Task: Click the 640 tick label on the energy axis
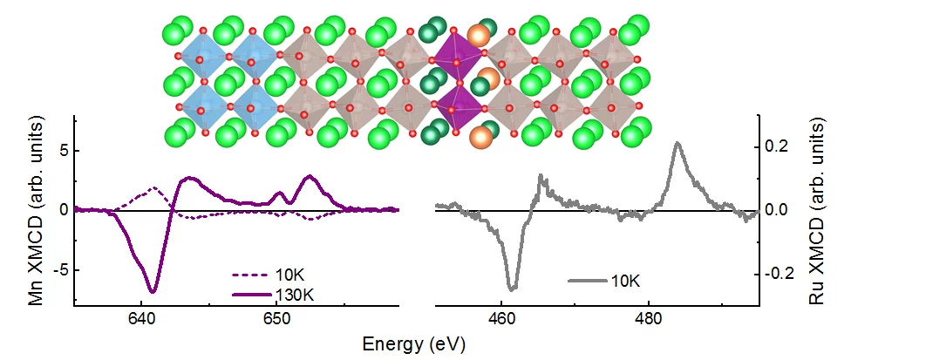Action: pyautogui.click(x=140, y=316)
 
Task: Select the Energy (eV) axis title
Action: pyautogui.click(x=415, y=343)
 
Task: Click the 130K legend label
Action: pyautogui.click(x=294, y=295)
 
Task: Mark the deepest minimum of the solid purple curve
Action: pyautogui.click(x=153, y=291)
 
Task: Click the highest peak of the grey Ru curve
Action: pyautogui.click(x=677, y=143)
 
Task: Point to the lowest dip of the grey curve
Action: pyautogui.click(x=512, y=289)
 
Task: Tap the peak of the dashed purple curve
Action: pyautogui.click(x=153, y=188)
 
